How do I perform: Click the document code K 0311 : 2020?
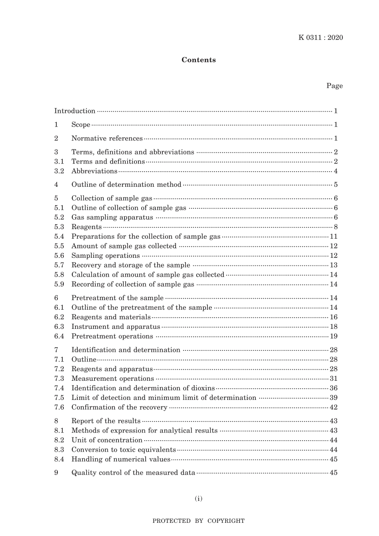pos(320,38)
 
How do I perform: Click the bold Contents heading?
pos(199,60)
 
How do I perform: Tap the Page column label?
pos(334,86)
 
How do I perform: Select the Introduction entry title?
pos(75,111)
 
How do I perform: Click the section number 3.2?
pos(59,171)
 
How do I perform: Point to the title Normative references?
pos(107,138)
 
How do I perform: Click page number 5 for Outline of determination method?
pos(336,185)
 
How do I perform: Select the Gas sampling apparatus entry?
pos(112,218)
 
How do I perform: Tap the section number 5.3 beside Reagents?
pos(59,227)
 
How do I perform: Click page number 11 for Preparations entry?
pos(334,237)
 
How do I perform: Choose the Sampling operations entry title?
pos(106,256)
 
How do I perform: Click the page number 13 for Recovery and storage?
pos(334,265)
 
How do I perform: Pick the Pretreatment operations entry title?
pos(112,336)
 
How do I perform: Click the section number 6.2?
pos(59,317)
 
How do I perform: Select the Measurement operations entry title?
pos(113,379)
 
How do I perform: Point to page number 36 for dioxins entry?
pos(334,388)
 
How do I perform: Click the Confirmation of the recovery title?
pos(119,407)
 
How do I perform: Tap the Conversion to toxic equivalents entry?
pos(124,450)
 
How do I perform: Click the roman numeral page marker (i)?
pos(199,498)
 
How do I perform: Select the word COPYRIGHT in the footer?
pos(226,521)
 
